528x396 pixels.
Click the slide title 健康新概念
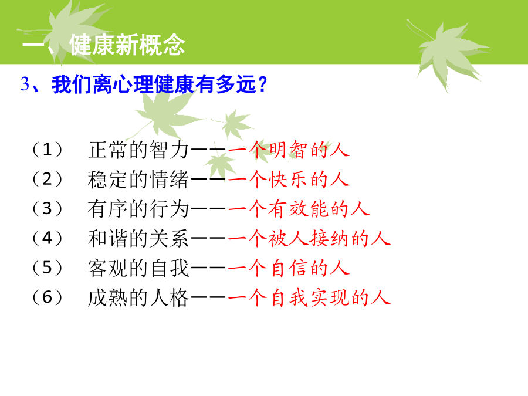point(127,45)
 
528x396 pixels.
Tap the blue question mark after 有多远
point(263,84)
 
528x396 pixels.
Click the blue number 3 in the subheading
point(25,84)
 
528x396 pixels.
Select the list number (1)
point(48,150)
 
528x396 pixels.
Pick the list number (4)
point(48,238)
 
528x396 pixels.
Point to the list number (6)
point(48,297)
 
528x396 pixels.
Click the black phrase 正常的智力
point(138,150)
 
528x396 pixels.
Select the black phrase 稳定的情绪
point(138,180)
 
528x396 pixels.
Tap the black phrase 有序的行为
point(138,209)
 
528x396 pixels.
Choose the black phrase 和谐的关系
point(138,238)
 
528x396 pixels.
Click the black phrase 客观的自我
point(138,268)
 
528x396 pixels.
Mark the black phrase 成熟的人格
point(138,297)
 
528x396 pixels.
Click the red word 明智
point(289,150)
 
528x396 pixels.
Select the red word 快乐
point(289,180)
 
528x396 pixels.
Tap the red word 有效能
point(299,209)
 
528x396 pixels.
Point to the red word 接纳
point(330,238)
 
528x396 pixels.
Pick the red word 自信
point(289,268)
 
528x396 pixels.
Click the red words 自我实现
point(309,297)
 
